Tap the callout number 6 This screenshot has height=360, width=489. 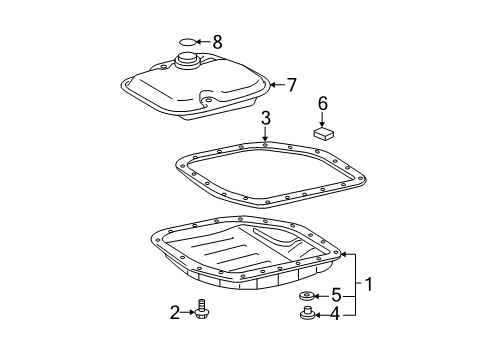[322, 103]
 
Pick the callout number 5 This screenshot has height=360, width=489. [336, 295]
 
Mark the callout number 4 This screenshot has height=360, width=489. [336, 317]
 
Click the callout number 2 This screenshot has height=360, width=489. [174, 313]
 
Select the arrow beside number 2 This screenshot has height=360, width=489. [187, 313]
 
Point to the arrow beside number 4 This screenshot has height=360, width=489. [321, 317]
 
